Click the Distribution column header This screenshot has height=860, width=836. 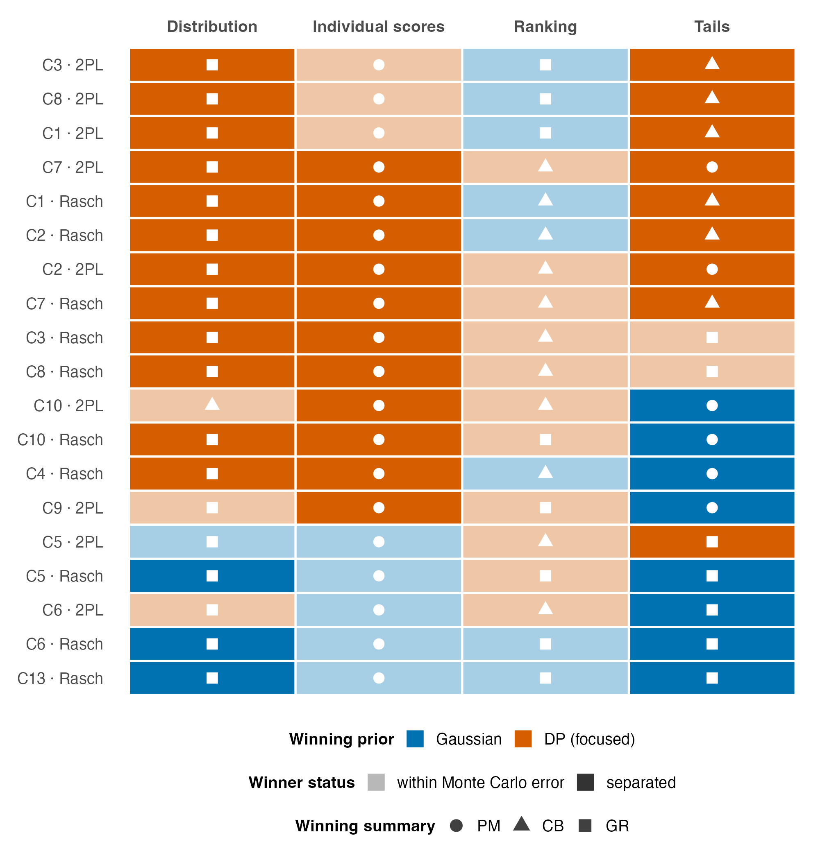click(x=212, y=27)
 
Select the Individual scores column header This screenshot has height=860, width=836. click(x=379, y=27)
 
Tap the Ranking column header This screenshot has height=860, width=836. click(x=545, y=27)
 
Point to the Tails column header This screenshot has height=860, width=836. click(x=712, y=27)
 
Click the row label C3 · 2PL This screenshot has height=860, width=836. click(x=73, y=65)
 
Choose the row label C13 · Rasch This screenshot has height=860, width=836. click(x=60, y=678)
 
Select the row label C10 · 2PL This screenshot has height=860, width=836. click(x=68, y=406)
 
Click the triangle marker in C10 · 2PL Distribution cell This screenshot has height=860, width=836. click(x=212, y=404)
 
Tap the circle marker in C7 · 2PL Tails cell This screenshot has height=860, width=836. click(x=712, y=167)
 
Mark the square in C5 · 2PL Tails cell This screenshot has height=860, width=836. click(x=712, y=542)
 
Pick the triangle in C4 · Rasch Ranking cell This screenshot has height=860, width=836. click(x=545, y=472)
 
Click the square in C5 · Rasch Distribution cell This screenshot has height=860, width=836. click(x=212, y=576)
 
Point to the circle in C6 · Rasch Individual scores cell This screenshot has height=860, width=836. click(x=379, y=644)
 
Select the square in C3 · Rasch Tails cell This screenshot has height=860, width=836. click(x=712, y=337)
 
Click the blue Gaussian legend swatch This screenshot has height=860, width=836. click(x=415, y=739)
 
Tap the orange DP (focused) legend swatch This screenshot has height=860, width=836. click(x=523, y=739)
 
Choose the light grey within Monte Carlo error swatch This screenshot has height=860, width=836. click(x=376, y=782)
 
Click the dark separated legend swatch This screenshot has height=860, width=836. click(x=585, y=782)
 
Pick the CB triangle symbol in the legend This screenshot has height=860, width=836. click(x=521, y=824)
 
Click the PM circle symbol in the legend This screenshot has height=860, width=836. click(x=456, y=826)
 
